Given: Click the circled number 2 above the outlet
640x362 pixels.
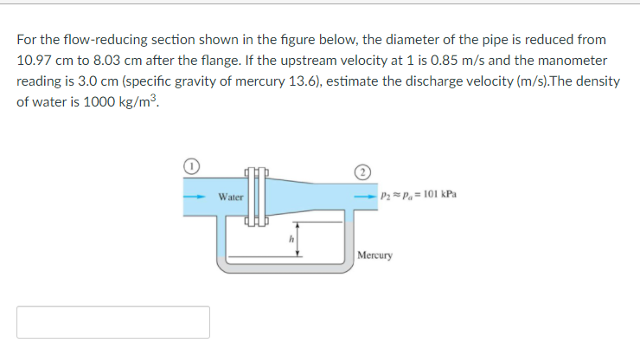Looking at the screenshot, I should (x=363, y=170).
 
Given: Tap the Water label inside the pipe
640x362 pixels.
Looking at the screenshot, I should (x=230, y=197).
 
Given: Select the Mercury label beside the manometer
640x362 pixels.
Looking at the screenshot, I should (x=375, y=256).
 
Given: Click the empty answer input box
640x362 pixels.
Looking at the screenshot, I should (x=113, y=322).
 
